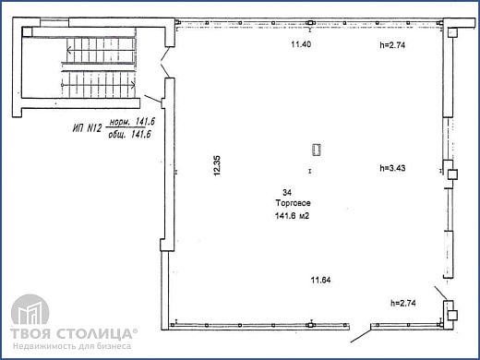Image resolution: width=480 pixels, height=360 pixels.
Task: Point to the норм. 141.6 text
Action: point(130,121)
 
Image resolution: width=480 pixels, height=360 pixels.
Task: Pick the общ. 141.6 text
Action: point(130,135)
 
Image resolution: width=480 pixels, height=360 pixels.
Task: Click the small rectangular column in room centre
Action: point(317,150)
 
